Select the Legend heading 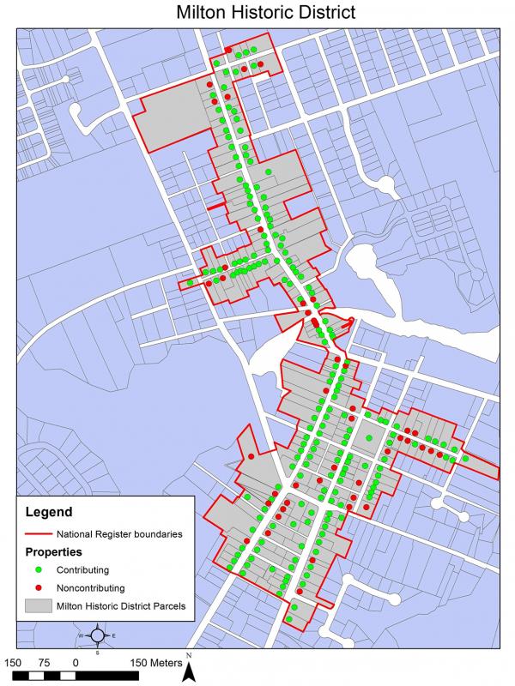49,513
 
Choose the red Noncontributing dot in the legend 39,588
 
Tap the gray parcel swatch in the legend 39,607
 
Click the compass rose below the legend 97,635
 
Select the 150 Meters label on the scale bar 155,663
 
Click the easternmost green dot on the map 465,459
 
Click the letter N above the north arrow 189,656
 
